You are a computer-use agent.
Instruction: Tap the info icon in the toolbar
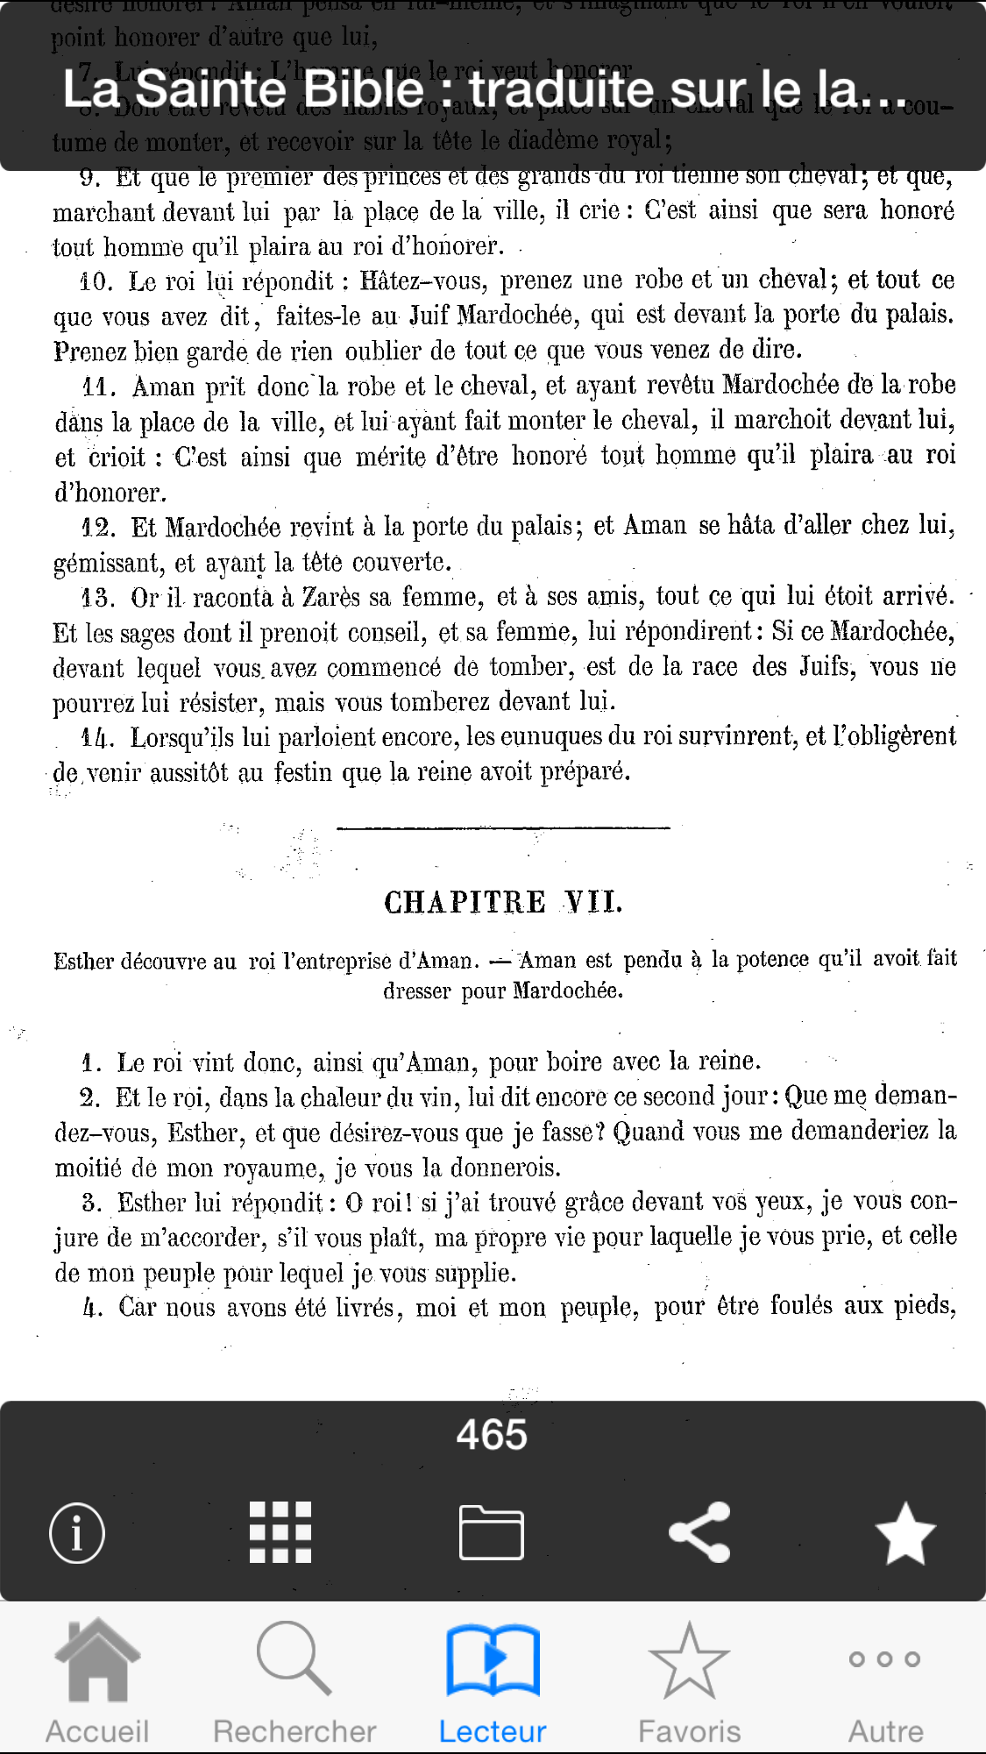(x=77, y=1533)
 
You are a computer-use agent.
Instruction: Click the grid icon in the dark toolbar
(x=280, y=1532)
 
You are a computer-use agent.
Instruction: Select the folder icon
(x=492, y=1532)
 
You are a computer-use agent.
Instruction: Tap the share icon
(x=699, y=1532)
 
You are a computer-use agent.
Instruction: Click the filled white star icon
(x=905, y=1533)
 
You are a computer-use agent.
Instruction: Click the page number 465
(x=492, y=1435)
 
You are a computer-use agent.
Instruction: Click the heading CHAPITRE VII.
(x=503, y=902)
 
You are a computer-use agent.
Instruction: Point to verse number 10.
(x=96, y=282)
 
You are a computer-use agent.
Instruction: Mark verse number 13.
(x=97, y=598)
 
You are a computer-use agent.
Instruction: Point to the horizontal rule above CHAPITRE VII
(x=503, y=827)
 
